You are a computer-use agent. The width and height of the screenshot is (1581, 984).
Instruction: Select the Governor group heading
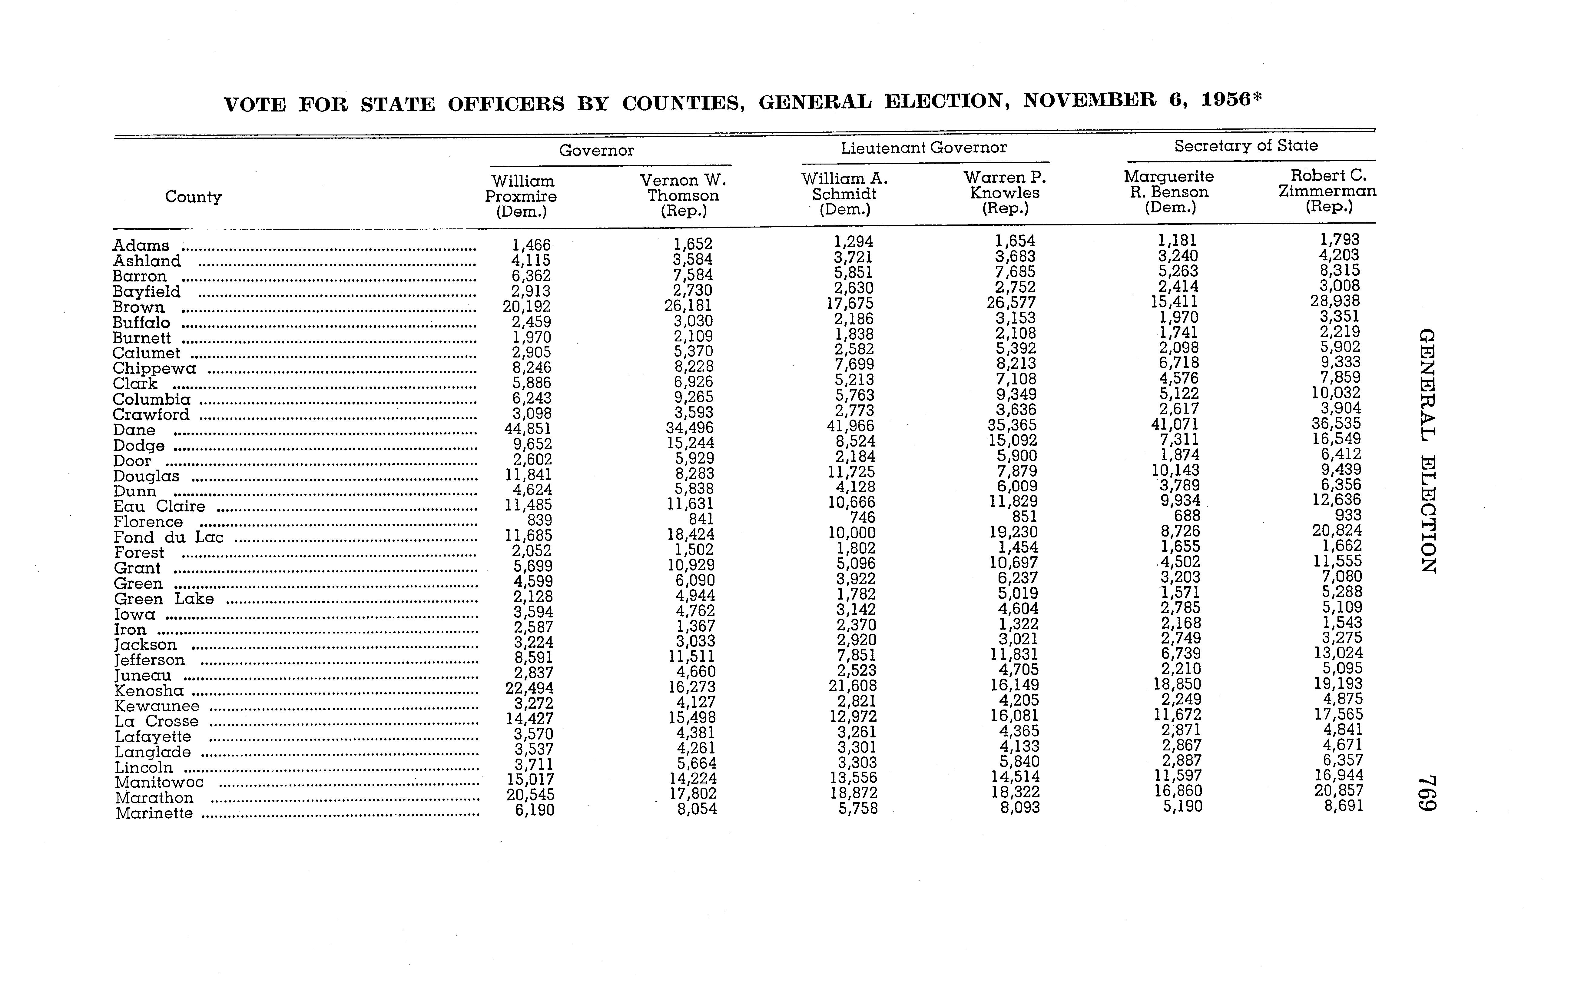coord(596,150)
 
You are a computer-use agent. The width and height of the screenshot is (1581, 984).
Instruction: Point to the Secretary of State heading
coord(1245,146)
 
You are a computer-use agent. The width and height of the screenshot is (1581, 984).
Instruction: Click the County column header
coord(193,197)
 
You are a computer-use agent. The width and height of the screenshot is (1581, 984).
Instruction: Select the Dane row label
coord(134,430)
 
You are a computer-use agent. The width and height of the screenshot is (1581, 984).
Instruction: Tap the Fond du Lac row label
coord(168,537)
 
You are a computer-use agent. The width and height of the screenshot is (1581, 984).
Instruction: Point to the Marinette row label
coord(154,813)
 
